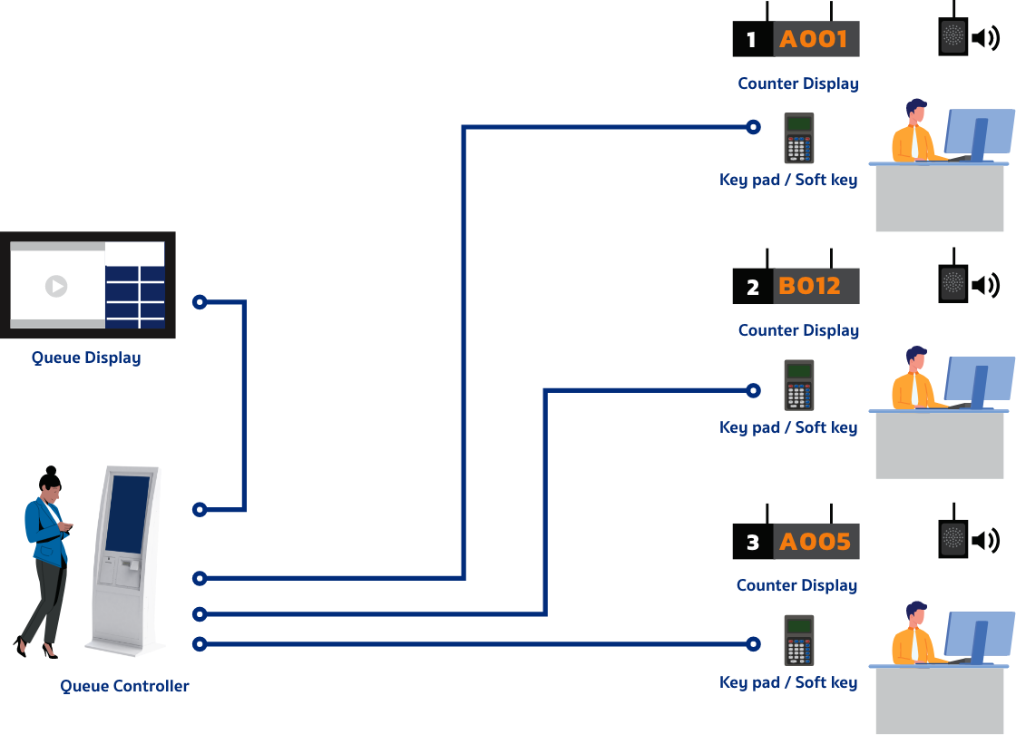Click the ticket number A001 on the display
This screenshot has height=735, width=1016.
(814, 40)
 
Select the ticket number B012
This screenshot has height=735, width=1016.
(809, 287)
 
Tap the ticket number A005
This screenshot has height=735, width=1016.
(815, 542)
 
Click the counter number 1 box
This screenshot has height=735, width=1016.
(751, 40)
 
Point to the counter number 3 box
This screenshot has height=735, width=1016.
(752, 543)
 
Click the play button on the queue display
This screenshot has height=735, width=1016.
(56, 286)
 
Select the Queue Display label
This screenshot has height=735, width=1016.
(86, 358)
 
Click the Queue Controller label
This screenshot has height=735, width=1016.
(124, 686)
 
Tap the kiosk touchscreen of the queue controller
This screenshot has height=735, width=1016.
(127, 514)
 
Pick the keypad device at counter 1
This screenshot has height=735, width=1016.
(799, 138)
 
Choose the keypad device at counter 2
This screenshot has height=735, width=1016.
(799, 385)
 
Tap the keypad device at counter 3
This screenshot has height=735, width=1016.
(799, 640)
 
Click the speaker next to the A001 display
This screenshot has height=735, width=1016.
(953, 36)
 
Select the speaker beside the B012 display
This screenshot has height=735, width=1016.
(953, 283)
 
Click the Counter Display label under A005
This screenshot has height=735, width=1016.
(797, 585)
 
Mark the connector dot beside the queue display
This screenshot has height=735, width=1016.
(200, 302)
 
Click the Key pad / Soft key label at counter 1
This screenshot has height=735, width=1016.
(788, 180)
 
